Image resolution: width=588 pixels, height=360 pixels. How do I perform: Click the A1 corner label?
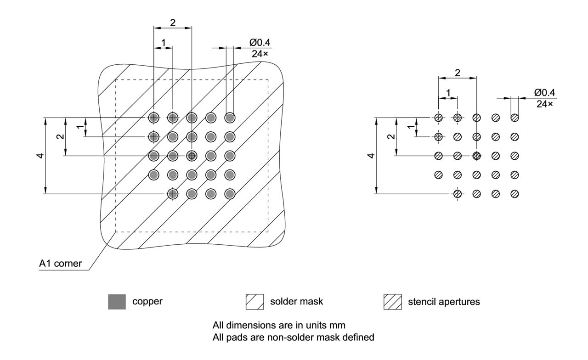pos(61,264)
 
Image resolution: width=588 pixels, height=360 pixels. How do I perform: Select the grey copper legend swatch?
pos(117,302)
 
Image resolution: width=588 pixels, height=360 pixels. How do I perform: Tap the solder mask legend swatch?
pos(255,302)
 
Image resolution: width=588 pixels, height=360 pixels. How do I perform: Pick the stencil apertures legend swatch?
pos(393,302)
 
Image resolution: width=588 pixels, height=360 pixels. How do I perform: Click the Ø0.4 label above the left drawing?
pos(260,42)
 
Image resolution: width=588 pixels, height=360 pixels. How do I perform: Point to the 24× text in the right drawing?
pos(545,104)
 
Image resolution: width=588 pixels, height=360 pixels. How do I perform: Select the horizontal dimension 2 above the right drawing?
pos(458,73)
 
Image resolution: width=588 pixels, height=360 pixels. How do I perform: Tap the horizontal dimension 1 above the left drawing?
pos(163,43)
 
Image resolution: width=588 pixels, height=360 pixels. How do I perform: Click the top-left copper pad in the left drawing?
pos(153,118)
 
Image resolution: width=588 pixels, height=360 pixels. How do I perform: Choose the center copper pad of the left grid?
pos(192,156)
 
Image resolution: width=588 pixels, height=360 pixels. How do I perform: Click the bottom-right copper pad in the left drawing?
pos(230,194)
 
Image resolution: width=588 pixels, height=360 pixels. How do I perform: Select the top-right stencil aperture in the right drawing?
pos(514,118)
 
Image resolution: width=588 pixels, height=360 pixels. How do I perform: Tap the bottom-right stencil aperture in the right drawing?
pos(514,194)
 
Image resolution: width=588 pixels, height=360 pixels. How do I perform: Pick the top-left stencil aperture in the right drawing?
pos(439,118)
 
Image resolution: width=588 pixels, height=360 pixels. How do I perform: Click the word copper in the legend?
pos(147,302)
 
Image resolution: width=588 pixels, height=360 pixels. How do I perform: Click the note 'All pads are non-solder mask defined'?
pos(293,337)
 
